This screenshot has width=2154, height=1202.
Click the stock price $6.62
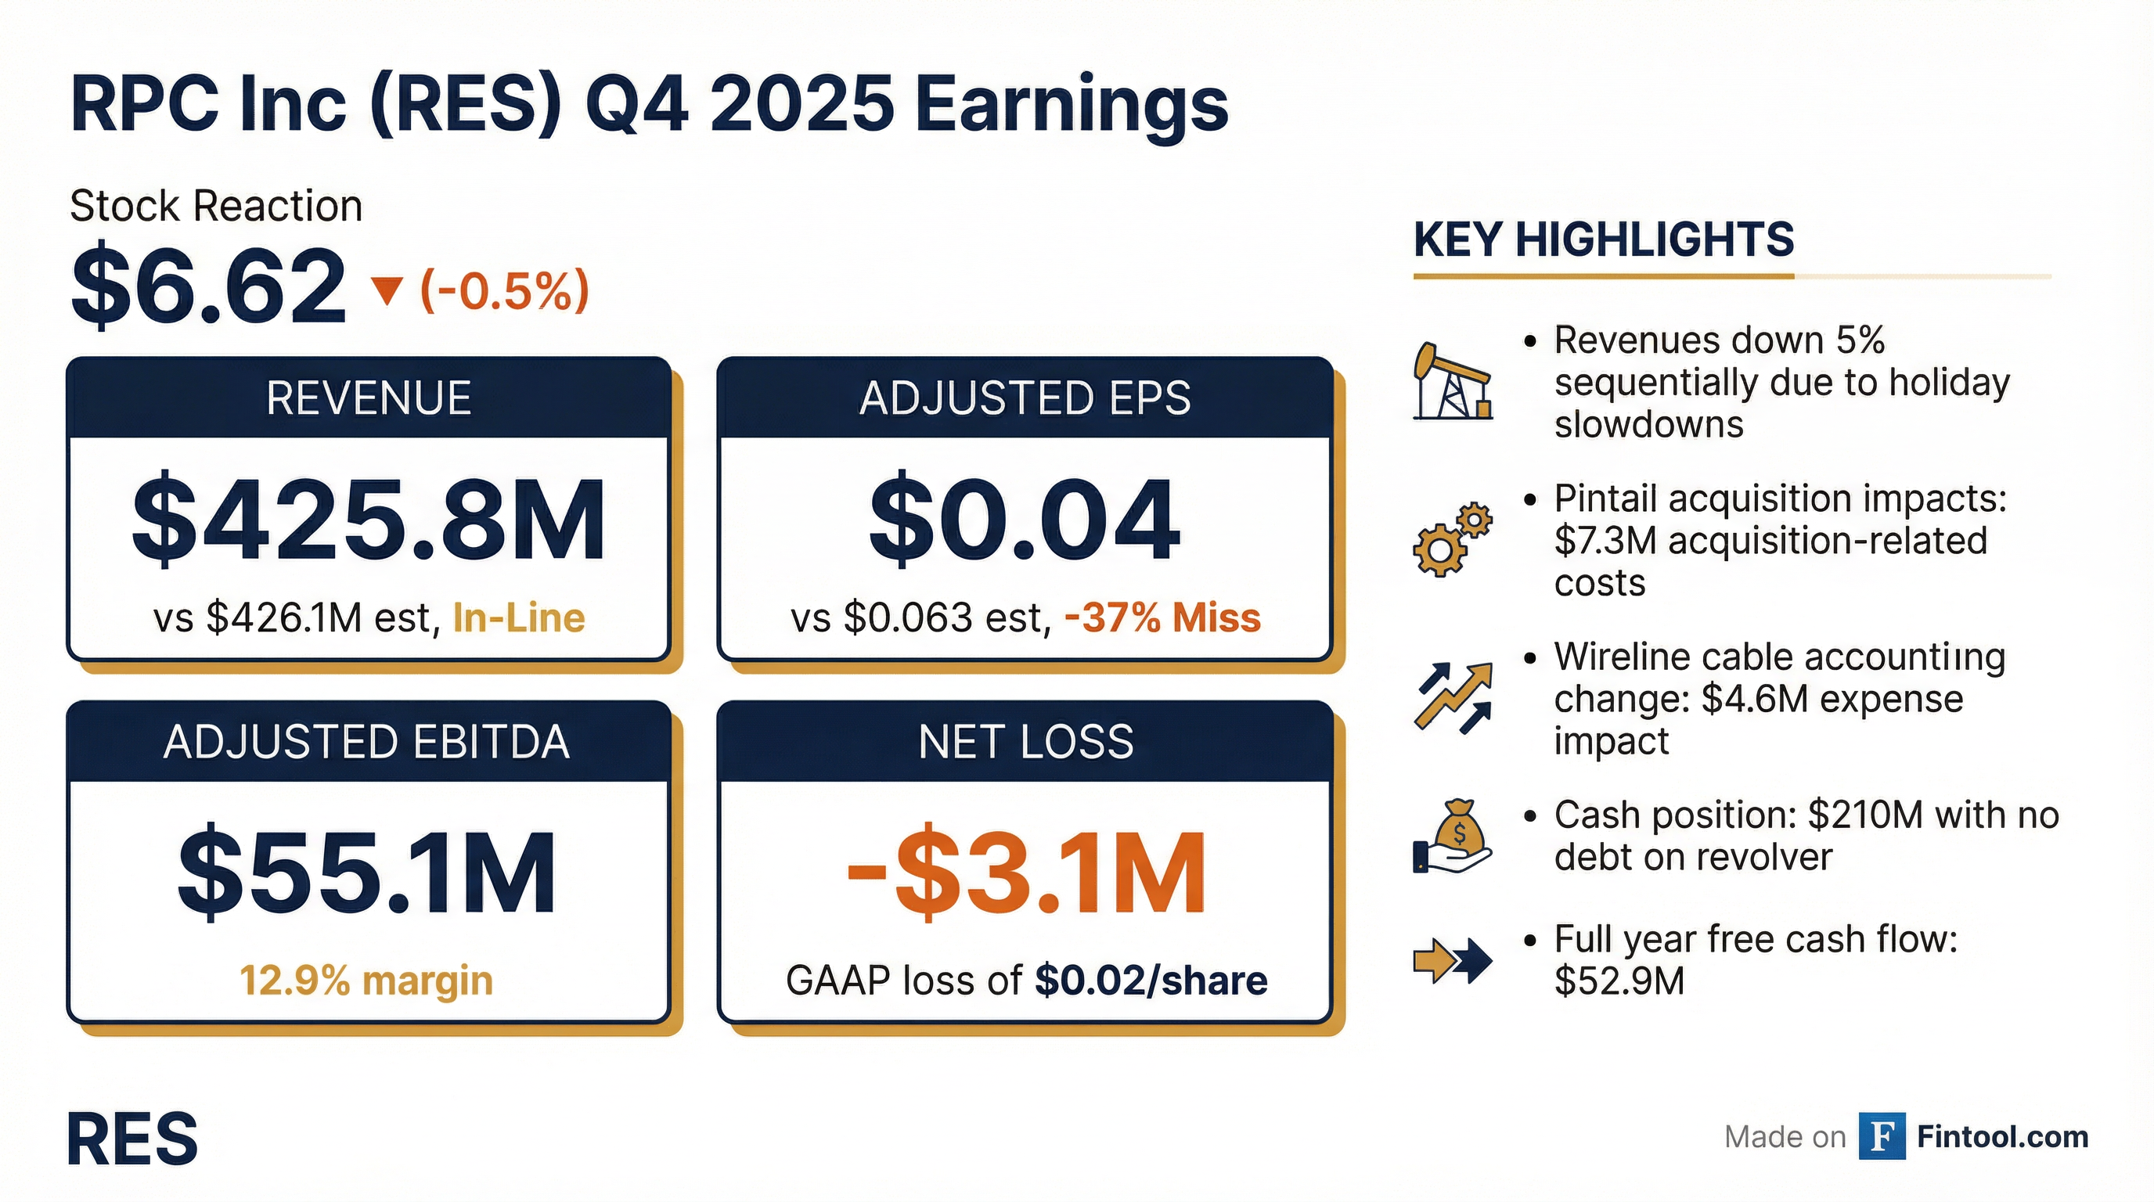208,286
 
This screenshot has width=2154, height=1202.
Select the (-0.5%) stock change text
504,290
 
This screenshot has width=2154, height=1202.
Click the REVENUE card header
369,398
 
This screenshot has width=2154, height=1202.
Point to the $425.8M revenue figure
369,520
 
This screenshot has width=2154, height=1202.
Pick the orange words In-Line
518,618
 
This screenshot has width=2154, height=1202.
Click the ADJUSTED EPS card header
1025,398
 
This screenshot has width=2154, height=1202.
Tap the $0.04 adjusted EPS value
1025,520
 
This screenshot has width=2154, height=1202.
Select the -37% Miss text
1162,618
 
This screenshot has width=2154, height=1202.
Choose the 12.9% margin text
366,981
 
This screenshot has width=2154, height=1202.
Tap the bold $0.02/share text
1151,981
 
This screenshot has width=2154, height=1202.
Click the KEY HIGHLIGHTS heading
1604,240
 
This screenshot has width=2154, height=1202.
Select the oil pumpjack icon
1453,380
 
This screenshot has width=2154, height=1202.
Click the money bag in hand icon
1453,837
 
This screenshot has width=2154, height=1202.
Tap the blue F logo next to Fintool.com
1882,1137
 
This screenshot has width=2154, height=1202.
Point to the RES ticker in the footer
132,1139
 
